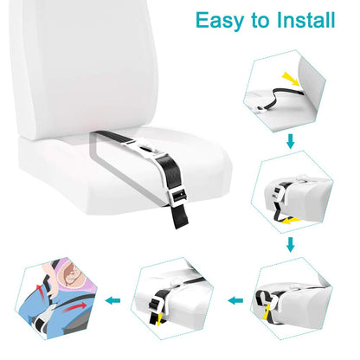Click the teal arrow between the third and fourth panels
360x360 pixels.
pos(231,300)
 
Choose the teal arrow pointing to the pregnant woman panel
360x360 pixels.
pos(112,299)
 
